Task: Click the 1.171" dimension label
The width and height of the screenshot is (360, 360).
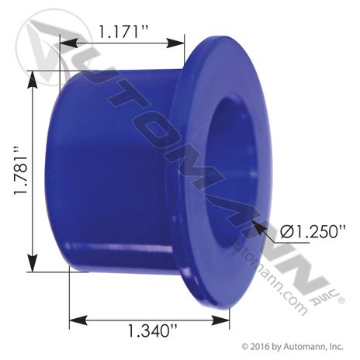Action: [123, 32]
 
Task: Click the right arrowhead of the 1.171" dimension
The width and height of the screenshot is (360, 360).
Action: [175, 43]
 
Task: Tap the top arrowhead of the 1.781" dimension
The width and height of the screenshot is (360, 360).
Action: [32, 79]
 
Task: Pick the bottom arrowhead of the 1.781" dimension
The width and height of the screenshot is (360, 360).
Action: [32, 263]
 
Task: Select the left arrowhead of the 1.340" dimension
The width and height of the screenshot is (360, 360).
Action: [78, 320]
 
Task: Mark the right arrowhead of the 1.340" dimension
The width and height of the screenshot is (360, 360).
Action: [220, 320]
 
